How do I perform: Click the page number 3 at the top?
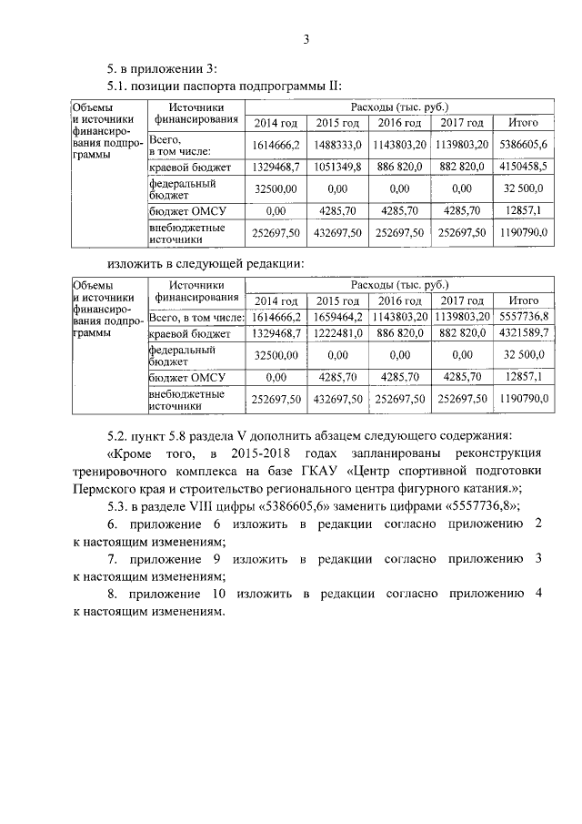click(306, 38)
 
